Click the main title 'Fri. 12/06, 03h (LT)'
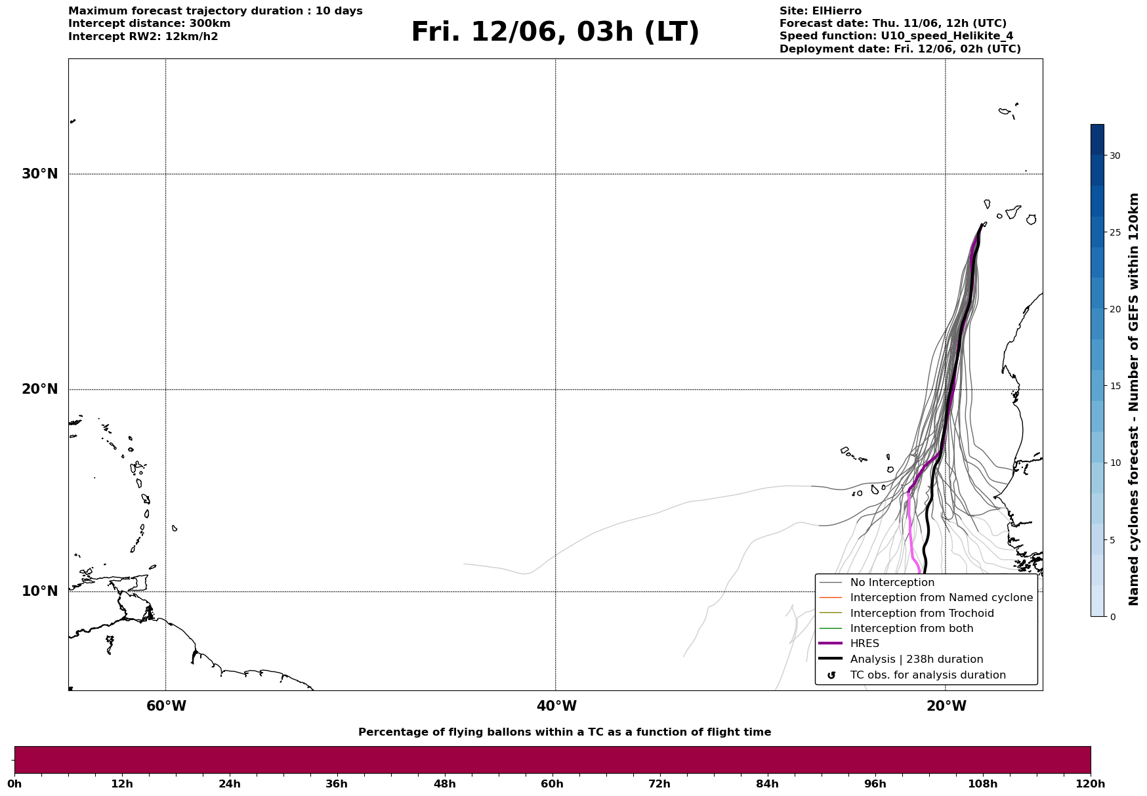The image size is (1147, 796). click(555, 32)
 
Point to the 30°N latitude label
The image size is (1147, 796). click(40, 174)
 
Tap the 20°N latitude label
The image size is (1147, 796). click(40, 389)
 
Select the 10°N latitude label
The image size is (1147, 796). click(40, 591)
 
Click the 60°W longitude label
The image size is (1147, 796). click(166, 706)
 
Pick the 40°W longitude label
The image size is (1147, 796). click(556, 706)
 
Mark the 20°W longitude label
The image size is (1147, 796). click(946, 706)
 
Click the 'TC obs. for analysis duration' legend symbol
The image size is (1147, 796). click(831, 675)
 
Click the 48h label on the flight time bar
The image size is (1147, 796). click(444, 784)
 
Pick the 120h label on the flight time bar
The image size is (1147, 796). click(1091, 784)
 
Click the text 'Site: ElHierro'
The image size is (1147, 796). click(820, 11)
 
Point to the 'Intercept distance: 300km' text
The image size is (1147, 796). click(150, 24)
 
